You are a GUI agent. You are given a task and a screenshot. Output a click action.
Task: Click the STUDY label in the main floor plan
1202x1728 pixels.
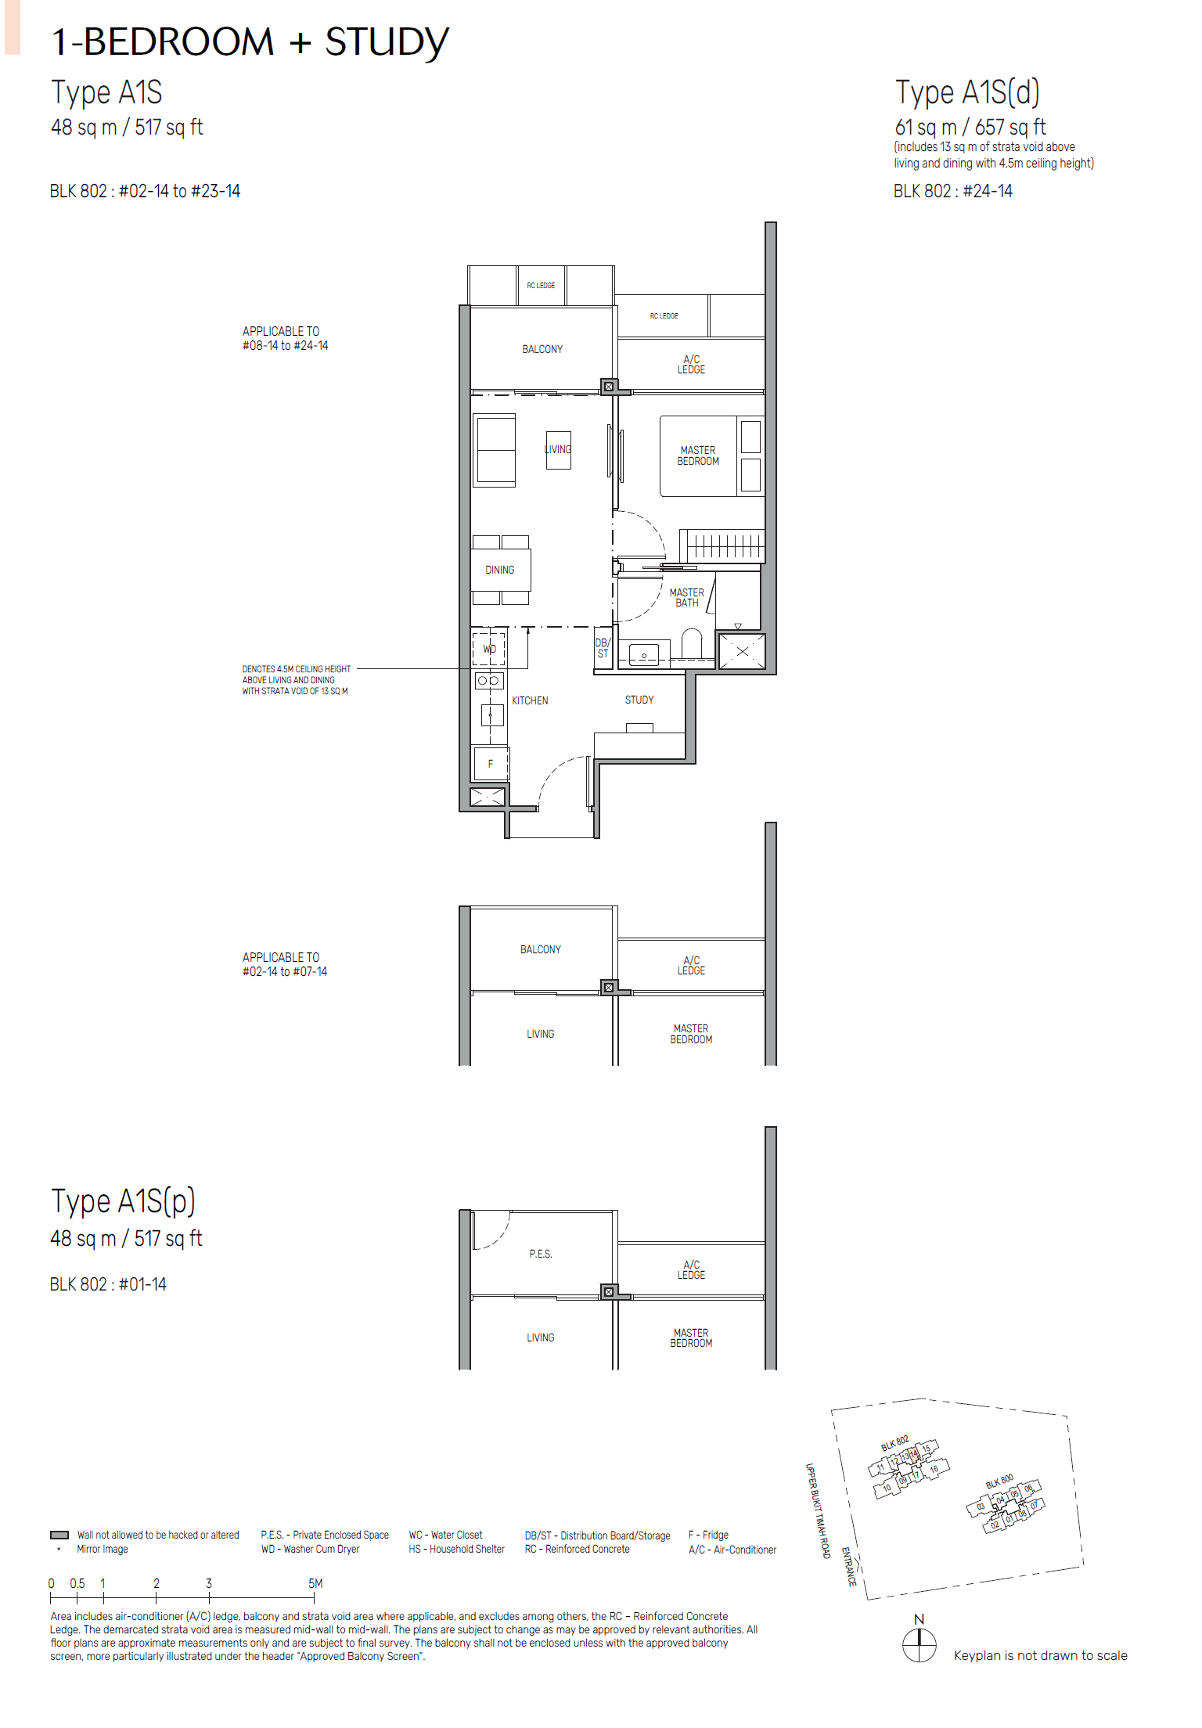639,700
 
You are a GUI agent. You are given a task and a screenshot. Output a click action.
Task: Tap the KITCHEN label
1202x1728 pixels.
530,700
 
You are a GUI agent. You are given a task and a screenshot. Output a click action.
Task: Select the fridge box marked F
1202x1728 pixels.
491,764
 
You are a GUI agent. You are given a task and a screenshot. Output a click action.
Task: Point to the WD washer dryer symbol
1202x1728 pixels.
489,649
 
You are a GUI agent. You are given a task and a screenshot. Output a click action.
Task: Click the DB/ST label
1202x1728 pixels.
602,648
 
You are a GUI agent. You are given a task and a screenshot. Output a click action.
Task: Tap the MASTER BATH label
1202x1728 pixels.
686,598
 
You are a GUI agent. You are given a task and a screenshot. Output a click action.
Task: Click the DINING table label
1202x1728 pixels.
500,570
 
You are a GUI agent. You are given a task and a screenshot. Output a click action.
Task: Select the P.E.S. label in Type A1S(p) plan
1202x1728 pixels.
540,1254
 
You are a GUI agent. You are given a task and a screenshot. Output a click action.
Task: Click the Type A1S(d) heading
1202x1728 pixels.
967,93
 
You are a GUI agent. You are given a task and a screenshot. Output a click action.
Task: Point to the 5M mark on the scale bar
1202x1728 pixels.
315,1583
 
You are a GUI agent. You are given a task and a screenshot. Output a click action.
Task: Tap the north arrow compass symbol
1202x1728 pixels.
919,1644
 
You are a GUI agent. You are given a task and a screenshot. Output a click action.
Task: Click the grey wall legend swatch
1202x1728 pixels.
59,1535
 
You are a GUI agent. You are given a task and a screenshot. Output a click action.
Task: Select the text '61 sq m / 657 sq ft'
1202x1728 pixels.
970,128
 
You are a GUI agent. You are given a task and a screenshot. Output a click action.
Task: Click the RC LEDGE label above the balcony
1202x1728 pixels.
541,286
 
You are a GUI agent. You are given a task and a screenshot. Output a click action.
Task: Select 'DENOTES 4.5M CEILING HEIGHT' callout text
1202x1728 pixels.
296,669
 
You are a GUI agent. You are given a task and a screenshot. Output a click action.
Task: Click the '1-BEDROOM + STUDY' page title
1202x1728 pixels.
250,42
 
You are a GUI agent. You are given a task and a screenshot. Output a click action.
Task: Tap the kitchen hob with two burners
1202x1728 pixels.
488,681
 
